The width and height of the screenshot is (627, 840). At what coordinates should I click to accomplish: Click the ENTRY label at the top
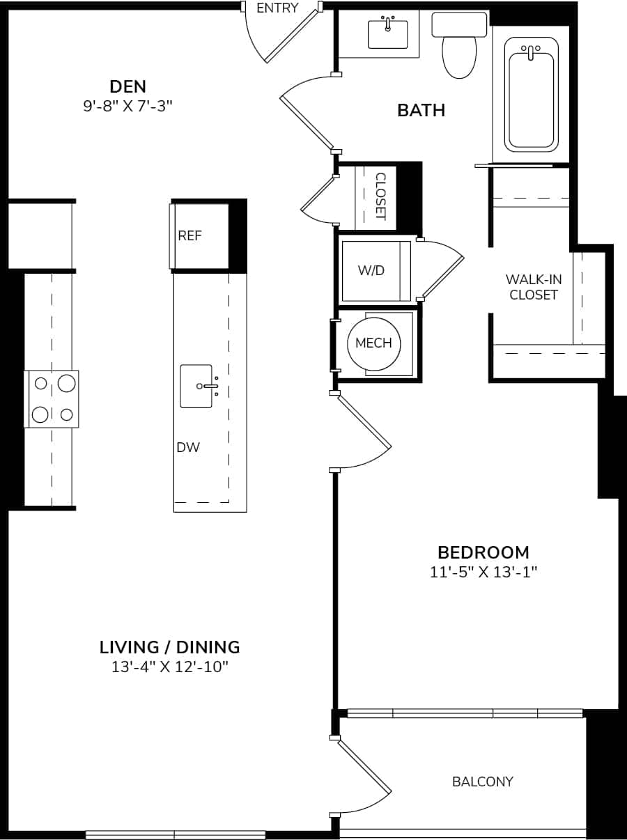[x=277, y=8]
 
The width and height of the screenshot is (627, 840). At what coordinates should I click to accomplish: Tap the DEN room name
[x=128, y=86]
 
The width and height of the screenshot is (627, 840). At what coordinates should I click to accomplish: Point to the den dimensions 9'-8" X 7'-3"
[x=128, y=106]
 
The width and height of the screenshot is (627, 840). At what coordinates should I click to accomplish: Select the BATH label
[x=421, y=110]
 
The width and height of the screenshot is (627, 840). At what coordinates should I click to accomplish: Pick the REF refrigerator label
[x=189, y=236]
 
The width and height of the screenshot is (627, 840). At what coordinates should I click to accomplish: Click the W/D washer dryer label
[x=371, y=271]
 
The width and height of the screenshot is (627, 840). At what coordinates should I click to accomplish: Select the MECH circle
[x=373, y=343]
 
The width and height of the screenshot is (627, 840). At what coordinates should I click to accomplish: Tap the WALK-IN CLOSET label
[x=534, y=287]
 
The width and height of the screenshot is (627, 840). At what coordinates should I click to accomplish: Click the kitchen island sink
[x=197, y=386]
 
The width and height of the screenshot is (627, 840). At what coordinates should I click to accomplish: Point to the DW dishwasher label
[x=188, y=447]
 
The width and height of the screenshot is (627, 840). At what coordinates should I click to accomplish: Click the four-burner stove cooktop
[x=53, y=399]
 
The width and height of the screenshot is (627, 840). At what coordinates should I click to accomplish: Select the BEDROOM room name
[x=483, y=552]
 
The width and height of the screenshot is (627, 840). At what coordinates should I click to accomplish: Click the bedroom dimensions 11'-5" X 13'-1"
[x=483, y=573]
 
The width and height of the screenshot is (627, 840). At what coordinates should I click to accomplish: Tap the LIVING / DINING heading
[x=170, y=647]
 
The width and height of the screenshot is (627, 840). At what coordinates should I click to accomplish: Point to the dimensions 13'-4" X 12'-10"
[x=170, y=667]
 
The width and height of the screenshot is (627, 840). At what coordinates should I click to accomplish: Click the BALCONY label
[x=482, y=781]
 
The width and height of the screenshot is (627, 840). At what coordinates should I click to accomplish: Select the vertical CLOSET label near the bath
[x=380, y=196]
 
